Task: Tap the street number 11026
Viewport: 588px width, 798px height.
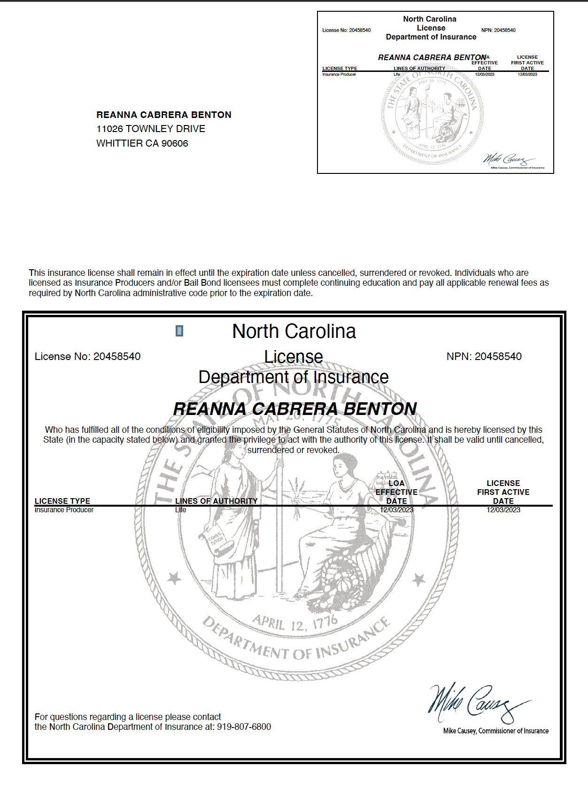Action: [109, 129]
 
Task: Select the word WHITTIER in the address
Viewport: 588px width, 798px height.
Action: [119, 143]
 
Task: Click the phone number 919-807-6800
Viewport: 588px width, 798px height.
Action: [244, 727]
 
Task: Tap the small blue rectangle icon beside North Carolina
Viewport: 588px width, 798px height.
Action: [179, 331]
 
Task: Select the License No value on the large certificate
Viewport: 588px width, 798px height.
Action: [117, 356]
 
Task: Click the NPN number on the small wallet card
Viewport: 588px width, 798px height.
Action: [504, 30]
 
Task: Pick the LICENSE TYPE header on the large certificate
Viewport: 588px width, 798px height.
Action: [62, 501]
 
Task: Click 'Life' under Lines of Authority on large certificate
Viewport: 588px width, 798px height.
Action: [181, 510]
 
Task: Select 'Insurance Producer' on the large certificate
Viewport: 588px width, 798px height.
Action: [64, 510]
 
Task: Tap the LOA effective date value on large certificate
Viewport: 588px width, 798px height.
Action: [396, 510]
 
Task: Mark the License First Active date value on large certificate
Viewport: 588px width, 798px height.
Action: [503, 510]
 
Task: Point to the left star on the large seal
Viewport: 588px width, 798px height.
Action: [174, 578]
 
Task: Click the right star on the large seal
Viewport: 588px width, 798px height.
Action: [418, 579]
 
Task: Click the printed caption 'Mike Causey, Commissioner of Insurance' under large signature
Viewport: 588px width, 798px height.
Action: [495, 731]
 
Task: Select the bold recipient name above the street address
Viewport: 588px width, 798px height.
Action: [164, 115]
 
